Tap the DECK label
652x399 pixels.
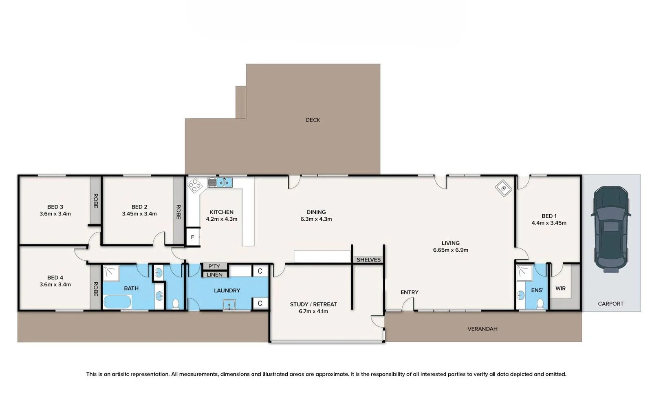(x=313, y=120)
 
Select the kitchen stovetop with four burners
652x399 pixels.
(x=195, y=186)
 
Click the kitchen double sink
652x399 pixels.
(x=224, y=182)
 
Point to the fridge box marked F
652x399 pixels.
(x=192, y=237)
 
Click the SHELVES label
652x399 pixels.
(x=368, y=260)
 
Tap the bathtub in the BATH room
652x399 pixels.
(x=117, y=302)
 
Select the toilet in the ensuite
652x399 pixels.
(x=540, y=304)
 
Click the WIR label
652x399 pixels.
(x=560, y=288)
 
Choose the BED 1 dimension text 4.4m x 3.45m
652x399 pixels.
(x=548, y=223)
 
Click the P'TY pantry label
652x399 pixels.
(x=214, y=266)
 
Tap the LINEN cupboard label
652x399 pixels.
(x=214, y=275)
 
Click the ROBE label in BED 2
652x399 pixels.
(x=178, y=212)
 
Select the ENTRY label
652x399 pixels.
(x=409, y=292)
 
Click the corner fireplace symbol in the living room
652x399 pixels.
(x=503, y=188)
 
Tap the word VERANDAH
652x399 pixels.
(x=482, y=329)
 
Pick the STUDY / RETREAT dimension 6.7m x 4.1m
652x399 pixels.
(x=313, y=311)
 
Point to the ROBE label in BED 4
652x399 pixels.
(x=95, y=289)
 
